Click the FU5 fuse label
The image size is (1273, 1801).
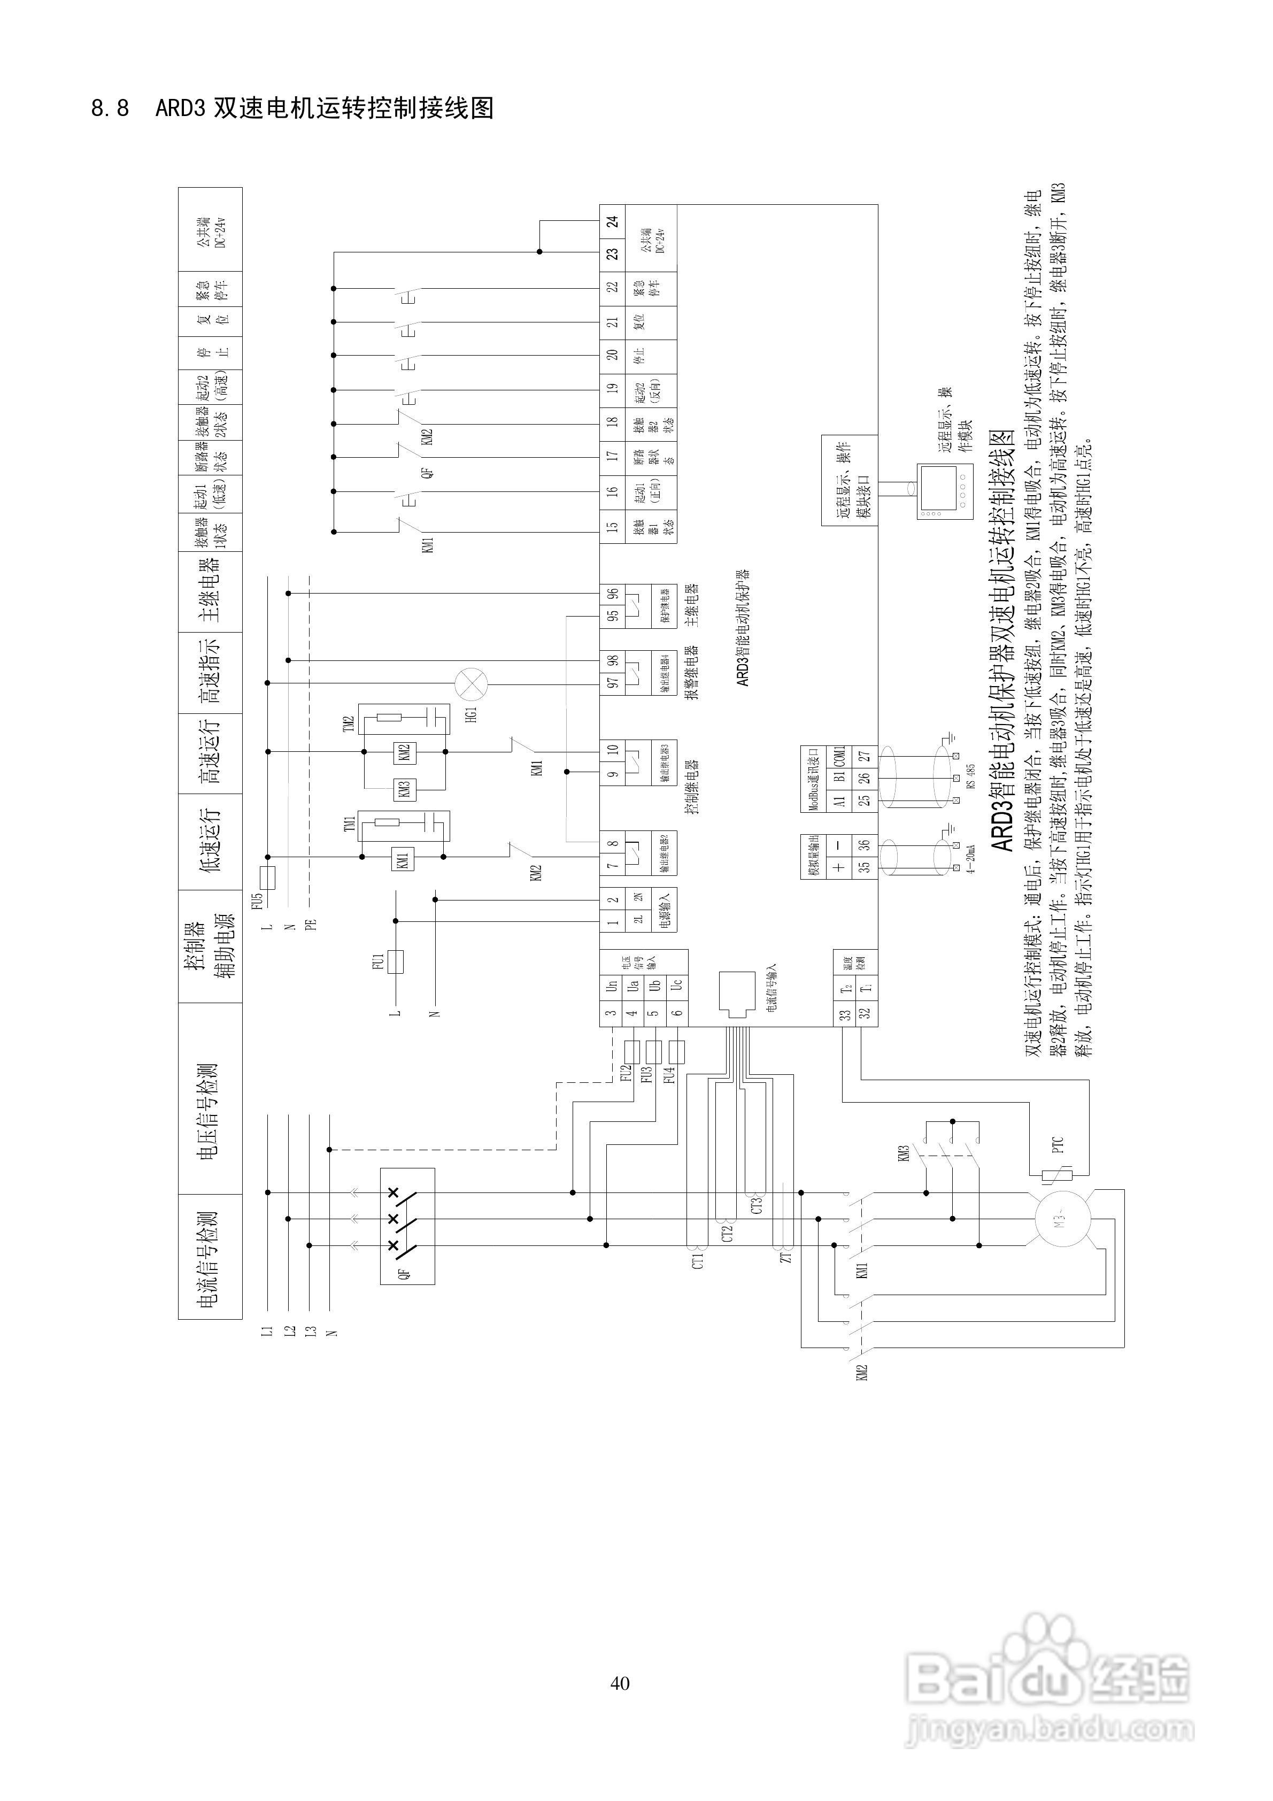(257, 900)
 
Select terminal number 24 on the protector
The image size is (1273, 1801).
(613, 221)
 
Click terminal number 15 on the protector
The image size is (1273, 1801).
(613, 526)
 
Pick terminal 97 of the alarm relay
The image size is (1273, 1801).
(613, 682)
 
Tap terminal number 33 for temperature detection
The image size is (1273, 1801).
(845, 1013)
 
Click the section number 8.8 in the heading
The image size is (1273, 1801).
(110, 108)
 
